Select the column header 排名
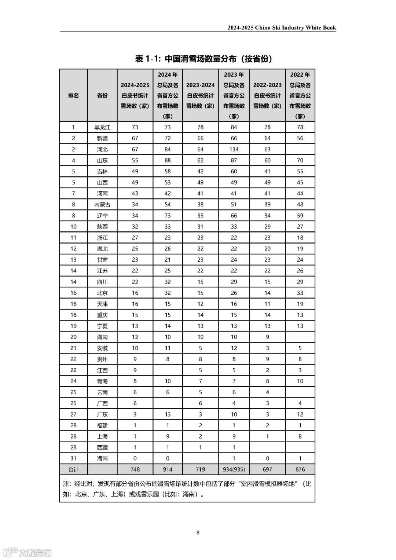(x=73, y=95)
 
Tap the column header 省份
(x=102, y=95)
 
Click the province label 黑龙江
(x=102, y=127)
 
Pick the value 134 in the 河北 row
(x=234, y=149)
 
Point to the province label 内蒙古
(x=102, y=205)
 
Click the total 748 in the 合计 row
(x=135, y=469)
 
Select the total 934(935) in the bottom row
(x=234, y=469)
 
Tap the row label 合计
(x=73, y=469)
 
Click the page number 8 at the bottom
(x=198, y=532)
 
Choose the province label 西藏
(x=102, y=447)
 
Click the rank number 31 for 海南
(x=73, y=458)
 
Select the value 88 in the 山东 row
(x=168, y=160)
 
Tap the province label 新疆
(x=102, y=138)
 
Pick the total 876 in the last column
(x=300, y=469)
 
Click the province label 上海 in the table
(x=102, y=436)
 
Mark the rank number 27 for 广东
(x=73, y=414)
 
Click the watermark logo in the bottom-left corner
(x=11, y=552)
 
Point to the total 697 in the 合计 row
(x=267, y=469)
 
